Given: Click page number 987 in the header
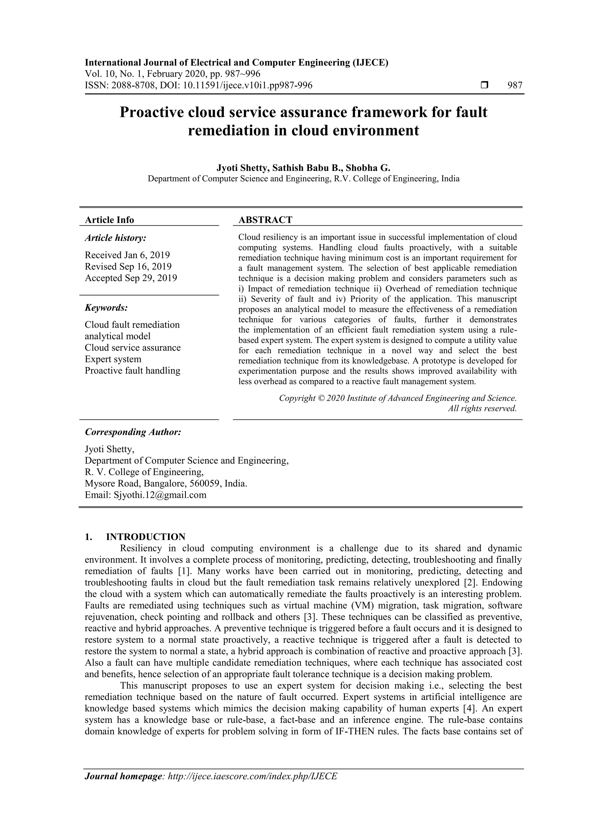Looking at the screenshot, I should click(x=515, y=85).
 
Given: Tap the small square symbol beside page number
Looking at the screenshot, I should click(x=484, y=85).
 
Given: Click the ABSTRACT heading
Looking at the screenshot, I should click(x=265, y=220).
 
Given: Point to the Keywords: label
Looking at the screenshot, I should click(x=106, y=308).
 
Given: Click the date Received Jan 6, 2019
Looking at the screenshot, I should click(x=127, y=255).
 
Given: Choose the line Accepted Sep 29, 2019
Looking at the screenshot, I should click(x=131, y=278).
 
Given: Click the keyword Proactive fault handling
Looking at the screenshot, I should click(x=132, y=371).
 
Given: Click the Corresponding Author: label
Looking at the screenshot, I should click(x=133, y=432).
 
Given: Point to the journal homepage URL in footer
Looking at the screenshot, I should click(x=252, y=776).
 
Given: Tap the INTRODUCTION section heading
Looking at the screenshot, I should click(x=145, y=537).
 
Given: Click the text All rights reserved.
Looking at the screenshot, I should click(x=482, y=408).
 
